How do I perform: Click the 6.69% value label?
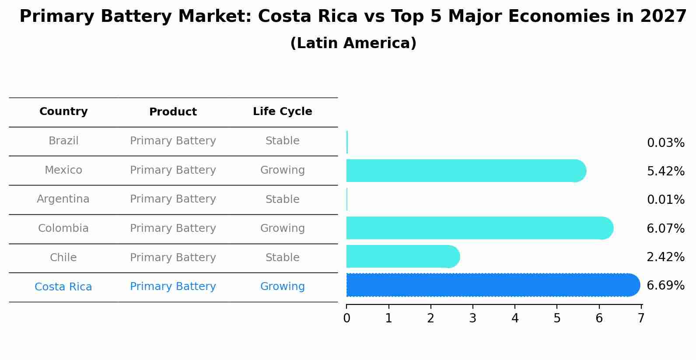click(665, 286)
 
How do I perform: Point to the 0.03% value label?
click(665, 143)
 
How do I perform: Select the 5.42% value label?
click(665, 171)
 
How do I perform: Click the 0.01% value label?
click(665, 200)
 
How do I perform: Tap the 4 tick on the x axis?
click(515, 318)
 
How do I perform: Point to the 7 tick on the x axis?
click(641, 318)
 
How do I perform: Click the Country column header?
click(63, 112)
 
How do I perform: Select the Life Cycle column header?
click(282, 112)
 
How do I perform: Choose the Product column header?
click(173, 112)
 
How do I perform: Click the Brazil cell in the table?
click(63, 141)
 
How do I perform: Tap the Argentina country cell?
click(63, 199)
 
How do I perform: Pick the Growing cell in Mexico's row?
click(282, 170)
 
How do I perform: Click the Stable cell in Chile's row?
click(282, 258)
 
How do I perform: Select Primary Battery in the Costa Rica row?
click(173, 287)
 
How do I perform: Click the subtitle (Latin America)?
click(353, 43)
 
